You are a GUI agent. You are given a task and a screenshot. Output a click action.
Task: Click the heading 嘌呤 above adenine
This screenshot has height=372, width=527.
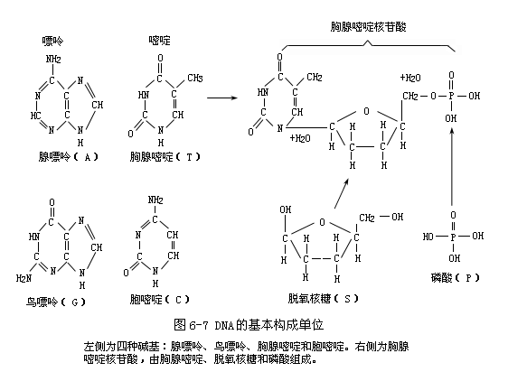point(52,41)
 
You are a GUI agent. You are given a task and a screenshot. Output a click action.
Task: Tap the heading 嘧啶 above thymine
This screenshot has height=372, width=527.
point(160,41)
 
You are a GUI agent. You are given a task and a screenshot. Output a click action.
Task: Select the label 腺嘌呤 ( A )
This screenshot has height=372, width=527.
point(68,157)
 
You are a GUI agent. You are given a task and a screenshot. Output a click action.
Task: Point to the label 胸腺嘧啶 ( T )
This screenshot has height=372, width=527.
point(165,157)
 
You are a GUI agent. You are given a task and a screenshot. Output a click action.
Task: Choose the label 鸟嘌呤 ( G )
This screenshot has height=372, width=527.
point(56,302)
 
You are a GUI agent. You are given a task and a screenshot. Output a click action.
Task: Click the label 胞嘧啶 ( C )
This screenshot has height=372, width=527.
point(160,300)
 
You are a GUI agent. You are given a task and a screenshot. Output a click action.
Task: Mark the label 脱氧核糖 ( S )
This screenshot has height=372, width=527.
point(323,299)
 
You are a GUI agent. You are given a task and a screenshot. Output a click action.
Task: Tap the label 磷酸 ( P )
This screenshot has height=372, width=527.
point(456,278)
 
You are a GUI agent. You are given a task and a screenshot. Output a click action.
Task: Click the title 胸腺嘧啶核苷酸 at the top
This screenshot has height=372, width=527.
point(369,27)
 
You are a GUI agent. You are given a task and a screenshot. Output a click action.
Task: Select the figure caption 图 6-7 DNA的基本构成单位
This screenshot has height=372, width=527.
point(249,325)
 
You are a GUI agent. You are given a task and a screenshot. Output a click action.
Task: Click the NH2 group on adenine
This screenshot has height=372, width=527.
point(53,60)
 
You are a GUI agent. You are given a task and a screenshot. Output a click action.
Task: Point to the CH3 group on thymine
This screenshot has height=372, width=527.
point(195,79)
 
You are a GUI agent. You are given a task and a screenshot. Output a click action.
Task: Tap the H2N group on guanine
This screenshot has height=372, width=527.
point(24,278)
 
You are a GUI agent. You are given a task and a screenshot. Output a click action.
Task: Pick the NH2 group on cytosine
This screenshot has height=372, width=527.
point(155,200)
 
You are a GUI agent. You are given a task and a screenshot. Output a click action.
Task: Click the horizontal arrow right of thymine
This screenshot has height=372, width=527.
point(222,98)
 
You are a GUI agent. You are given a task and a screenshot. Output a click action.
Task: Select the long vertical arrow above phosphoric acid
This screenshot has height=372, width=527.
point(452,166)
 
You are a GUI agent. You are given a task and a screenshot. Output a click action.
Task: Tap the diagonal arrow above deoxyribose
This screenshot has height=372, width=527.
point(342,193)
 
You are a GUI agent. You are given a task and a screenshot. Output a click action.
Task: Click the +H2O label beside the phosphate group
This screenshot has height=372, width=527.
point(410,78)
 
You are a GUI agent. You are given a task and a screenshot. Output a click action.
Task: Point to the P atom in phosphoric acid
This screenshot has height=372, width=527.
point(453,237)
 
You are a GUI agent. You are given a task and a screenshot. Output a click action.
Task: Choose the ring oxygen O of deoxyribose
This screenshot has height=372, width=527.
point(322,222)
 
